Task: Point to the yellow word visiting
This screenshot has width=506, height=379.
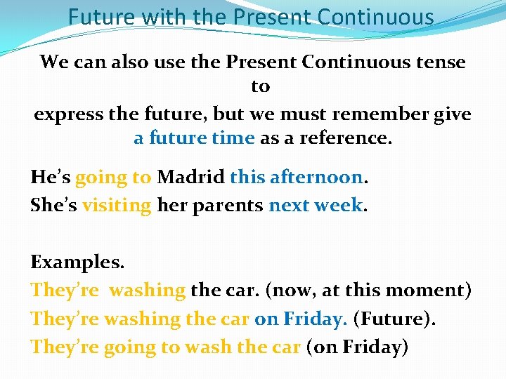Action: (116, 206)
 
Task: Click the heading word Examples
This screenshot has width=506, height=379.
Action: (77, 262)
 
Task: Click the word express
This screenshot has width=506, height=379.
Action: (67, 114)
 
